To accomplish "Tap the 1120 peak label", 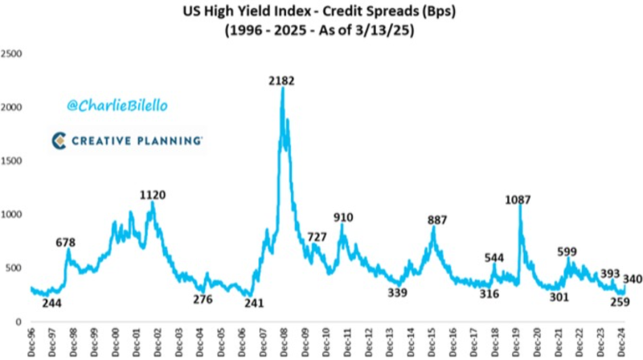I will (x=153, y=194).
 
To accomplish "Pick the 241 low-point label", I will (x=254, y=303).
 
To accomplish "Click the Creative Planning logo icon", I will (x=59, y=141).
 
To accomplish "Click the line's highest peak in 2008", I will (x=283, y=88).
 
